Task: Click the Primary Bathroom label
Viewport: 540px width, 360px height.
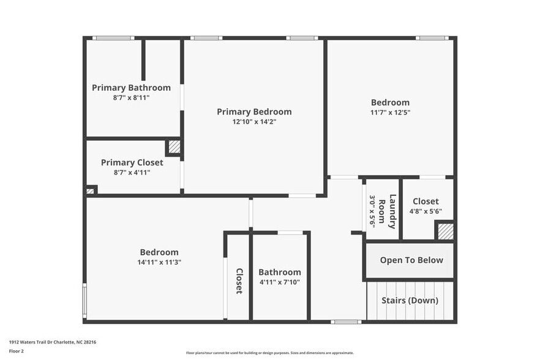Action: point(131,88)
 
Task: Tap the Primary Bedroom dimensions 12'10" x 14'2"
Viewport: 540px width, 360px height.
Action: point(254,122)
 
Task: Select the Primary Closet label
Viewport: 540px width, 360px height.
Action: point(132,162)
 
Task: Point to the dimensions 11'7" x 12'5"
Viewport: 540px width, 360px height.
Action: point(390,113)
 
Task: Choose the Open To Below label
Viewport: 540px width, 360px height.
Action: point(411,260)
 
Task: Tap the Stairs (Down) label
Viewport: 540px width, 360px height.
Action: point(410,301)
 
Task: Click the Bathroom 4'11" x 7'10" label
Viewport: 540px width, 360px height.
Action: point(279,272)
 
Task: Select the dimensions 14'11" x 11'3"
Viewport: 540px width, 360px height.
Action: point(159,262)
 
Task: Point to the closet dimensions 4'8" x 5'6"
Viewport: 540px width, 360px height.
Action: point(426,211)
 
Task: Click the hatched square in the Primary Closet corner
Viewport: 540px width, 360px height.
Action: point(174,147)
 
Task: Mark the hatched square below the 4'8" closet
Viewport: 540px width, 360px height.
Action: point(445,231)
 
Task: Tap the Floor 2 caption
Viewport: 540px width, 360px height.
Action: point(17,351)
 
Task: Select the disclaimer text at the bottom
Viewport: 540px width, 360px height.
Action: point(269,353)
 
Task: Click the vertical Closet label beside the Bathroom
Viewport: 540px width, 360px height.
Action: point(239,281)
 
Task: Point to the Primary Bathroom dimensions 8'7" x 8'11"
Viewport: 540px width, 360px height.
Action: point(131,97)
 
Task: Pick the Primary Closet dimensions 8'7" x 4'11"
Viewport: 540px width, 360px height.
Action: point(132,173)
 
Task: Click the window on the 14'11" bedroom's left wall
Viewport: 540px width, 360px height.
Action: point(84,300)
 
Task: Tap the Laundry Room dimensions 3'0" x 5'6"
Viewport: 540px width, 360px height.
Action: point(372,211)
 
